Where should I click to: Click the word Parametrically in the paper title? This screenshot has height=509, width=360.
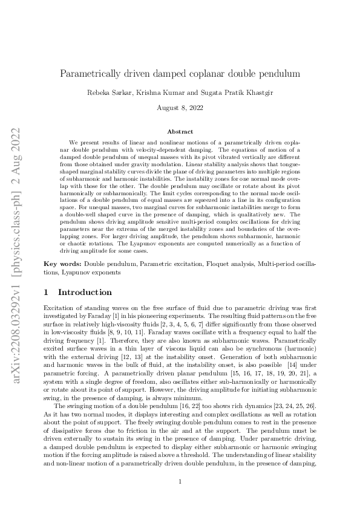pyautogui.click(x=90, y=74)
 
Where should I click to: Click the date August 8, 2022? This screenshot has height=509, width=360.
pyautogui.click(x=180, y=108)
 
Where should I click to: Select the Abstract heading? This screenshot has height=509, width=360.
pyautogui.click(x=180, y=131)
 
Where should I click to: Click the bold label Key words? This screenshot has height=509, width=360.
pyautogui.click(x=63, y=265)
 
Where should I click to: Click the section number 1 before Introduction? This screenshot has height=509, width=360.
pyautogui.click(x=47, y=292)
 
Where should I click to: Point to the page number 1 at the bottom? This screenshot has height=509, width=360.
pyautogui.click(x=180, y=481)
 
